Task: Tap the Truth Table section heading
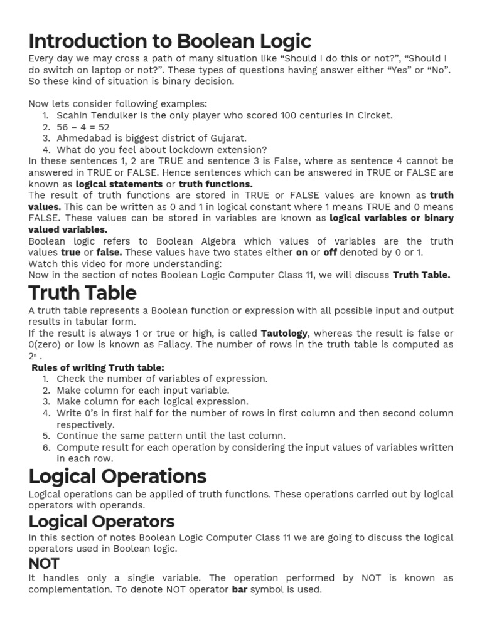point(82,293)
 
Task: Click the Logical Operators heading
point(102,521)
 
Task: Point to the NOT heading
point(44,563)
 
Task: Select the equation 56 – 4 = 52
point(83,127)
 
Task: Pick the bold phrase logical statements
point(119,184)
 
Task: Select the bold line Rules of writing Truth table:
point(98,367)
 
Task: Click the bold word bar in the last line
point(239,589)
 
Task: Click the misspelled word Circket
point(375,115)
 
